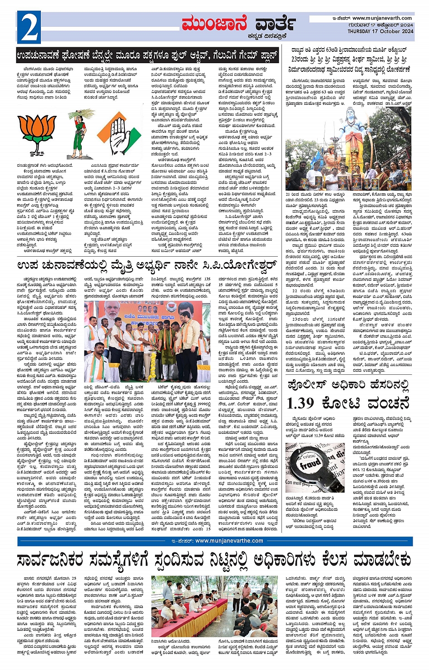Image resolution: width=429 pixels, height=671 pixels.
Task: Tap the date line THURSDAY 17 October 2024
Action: click(x=380, y=31)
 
